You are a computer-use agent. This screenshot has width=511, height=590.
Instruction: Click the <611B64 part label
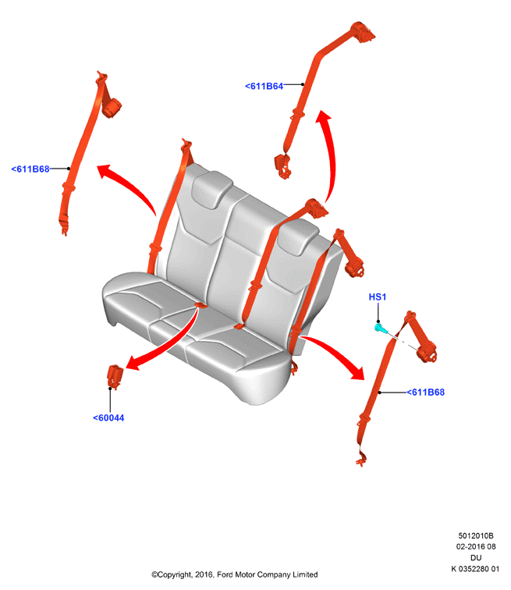coord(264,86)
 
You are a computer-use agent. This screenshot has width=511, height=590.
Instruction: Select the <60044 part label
coord(108,418)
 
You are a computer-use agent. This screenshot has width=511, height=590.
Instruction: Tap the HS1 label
coord(377,297)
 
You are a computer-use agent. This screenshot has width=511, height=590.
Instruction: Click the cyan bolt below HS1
coord(381,328)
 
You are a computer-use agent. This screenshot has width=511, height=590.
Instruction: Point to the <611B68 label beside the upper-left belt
coord(30,169)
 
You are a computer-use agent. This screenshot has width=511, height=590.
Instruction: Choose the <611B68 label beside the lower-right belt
coord(426,392)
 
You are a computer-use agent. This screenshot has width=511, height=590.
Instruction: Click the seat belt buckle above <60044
coord(115,376)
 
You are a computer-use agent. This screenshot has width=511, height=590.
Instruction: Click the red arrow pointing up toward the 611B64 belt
coord(331,155)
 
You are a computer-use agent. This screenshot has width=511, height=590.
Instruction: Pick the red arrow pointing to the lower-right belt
coord(335,353)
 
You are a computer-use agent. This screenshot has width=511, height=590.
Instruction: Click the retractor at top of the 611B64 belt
coord(362,31)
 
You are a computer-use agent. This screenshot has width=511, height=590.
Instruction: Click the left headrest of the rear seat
coord(211,189)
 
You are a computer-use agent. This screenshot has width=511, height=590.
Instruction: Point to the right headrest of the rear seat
coord(298,236)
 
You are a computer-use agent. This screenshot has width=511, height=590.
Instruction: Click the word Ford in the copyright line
coord(225,574)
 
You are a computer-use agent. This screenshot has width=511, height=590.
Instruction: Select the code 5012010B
coord(476,535)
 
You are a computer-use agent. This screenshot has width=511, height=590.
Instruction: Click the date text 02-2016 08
coord(476,546)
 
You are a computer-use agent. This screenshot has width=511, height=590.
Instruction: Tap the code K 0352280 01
coord(475,569)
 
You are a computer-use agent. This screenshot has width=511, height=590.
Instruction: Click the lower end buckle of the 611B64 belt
coord(282,165)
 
